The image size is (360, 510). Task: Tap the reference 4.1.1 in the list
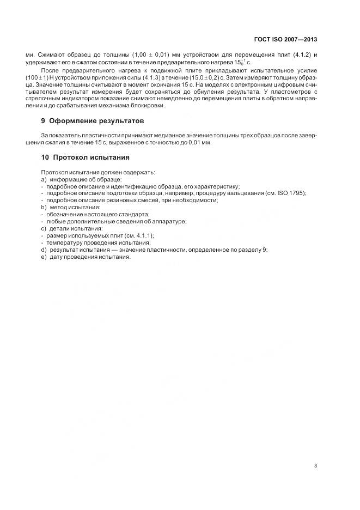[143, 235]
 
